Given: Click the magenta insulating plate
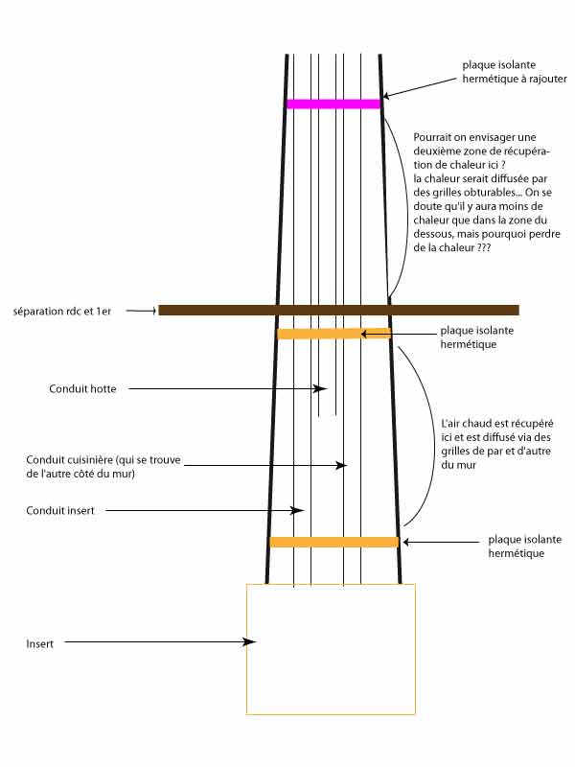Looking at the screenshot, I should coord(333,104).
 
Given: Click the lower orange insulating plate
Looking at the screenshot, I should coord(333,542).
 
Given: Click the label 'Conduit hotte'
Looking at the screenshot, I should coord(82,388).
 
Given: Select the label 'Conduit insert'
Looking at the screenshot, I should coord(60,511).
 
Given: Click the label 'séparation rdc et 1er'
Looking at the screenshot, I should coord(63,312).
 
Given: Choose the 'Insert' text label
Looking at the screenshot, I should coord(39,643).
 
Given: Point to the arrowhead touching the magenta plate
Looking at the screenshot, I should coord(386,95).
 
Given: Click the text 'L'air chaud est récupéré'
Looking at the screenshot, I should coord(498,423).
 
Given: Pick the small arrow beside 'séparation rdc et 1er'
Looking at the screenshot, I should coord(142,311).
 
